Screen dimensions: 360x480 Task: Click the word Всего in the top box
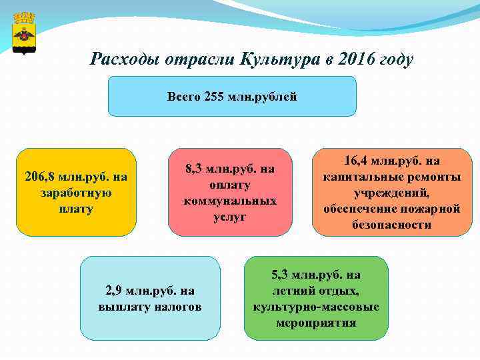coord(181,97)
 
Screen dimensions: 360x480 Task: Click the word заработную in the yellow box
coord(75,193)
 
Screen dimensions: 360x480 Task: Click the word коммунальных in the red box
coord(230,201)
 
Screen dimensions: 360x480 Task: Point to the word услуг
coord(230,217)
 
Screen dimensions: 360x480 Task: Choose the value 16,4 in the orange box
coord(357,161)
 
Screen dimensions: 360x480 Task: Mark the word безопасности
coord(392,225)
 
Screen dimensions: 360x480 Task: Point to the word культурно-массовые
coord(316,307)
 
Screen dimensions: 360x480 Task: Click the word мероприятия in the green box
coord(316,323)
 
